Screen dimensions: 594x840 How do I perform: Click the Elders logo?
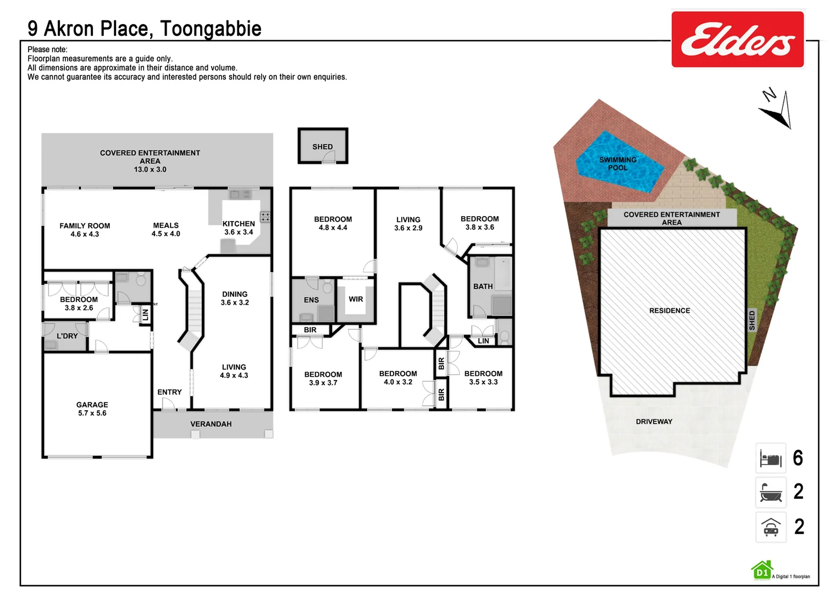737,40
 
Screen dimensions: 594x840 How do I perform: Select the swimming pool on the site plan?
618,163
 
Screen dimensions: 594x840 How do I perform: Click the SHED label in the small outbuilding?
323,147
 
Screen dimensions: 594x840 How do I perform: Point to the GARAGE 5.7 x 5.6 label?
92,409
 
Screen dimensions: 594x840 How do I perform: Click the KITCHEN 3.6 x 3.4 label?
239,228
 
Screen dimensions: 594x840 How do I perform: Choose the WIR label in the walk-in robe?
356,299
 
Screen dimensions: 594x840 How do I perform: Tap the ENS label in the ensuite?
311,300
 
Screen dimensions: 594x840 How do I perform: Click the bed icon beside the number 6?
771,458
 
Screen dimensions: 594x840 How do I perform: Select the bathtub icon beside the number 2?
771,492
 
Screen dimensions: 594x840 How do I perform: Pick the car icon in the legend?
771,527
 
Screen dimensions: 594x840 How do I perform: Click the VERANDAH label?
211,424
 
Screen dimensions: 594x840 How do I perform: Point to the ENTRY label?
169,392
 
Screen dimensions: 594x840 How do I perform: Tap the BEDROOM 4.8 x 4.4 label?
333,223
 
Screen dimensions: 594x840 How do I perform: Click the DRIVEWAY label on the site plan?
654,422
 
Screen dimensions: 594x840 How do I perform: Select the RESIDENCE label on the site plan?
670,311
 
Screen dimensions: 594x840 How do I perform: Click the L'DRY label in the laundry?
67,336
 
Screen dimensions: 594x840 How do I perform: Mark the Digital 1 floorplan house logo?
762,571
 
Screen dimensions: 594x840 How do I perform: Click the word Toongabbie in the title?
211,29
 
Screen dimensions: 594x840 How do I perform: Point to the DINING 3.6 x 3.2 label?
235,298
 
